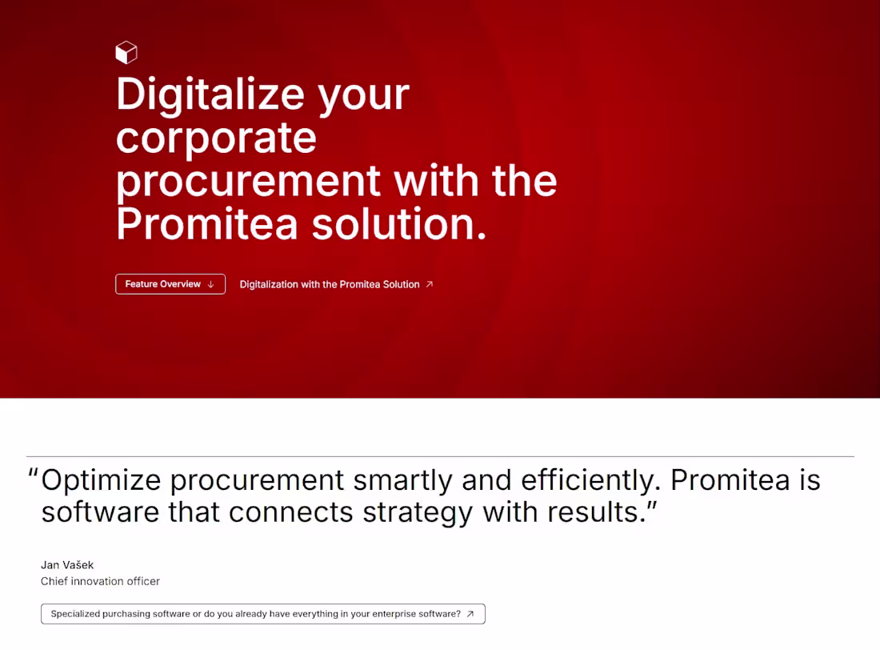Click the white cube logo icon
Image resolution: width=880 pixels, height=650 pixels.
126,53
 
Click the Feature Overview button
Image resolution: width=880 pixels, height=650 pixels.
170,284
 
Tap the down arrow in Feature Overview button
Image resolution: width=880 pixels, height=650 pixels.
210,284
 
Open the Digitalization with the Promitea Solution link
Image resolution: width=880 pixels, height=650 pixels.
329,284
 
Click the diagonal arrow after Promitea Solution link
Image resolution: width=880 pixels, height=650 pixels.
430,284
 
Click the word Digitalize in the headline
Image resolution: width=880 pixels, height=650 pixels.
210,94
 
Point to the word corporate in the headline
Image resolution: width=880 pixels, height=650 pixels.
216,138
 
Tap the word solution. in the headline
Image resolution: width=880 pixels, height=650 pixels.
398,225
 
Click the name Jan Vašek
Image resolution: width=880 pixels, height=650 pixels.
67,565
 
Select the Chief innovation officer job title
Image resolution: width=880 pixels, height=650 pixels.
100,581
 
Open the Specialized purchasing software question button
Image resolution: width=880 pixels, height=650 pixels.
255,614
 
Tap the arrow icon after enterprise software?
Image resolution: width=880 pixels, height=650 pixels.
470,614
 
